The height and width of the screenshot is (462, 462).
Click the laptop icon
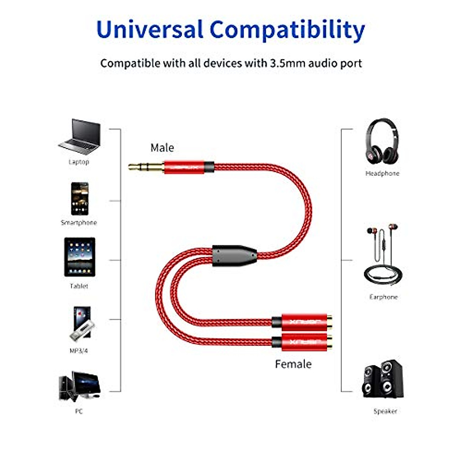[80, 137]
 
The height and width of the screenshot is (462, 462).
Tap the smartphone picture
[80, 199]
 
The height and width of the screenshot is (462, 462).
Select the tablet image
[79, 257]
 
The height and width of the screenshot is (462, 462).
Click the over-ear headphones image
[382, 142]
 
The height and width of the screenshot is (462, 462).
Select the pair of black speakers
[383, 379]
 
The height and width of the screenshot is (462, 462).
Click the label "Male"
[162, 148]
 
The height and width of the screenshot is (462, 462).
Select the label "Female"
[293, 364]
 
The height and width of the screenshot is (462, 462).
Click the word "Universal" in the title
[150, 30]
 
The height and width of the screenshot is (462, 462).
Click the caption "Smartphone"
[79, 223]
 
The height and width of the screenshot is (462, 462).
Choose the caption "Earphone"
[383, 297]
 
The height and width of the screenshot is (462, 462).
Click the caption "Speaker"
[385, 411]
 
